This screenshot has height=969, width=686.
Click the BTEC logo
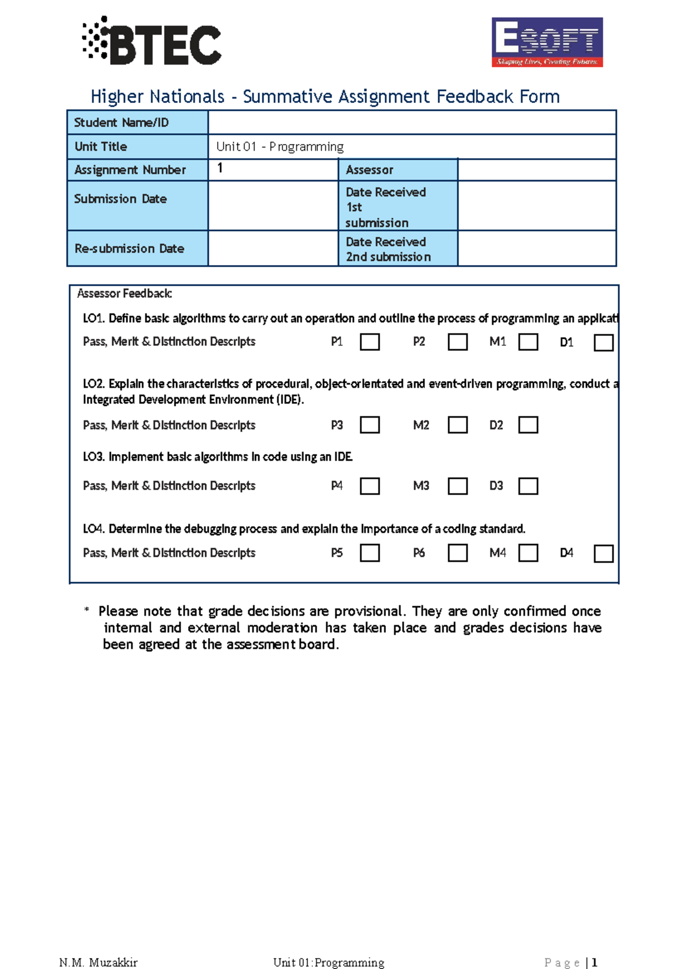(x=152, y=41)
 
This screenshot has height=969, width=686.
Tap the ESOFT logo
(x=547, y=42)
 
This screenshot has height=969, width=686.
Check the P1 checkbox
(x=370, y=342)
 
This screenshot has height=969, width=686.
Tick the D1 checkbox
(x=604, y=343)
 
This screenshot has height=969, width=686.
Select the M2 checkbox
(x=457, y=425)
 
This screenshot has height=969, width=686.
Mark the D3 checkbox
(x=528, y=486)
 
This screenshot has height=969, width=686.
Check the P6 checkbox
(x=457, y=553)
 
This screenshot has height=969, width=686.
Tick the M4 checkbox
(x=528, y=553)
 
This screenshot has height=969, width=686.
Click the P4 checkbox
(x=370, y=486)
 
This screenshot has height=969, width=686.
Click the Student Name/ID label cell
(x=137, y=122)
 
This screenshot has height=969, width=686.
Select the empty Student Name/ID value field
(x=412, y=122)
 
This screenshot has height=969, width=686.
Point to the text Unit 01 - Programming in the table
(x=280, y=147)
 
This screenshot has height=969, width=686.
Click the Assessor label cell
(x=398, y=170)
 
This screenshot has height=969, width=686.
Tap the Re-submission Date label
(x=129, y=249)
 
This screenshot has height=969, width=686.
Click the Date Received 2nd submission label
(x=389, y=250)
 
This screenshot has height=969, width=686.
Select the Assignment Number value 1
(x=220, y=168)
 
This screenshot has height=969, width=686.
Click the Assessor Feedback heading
(x=124, y=294)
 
